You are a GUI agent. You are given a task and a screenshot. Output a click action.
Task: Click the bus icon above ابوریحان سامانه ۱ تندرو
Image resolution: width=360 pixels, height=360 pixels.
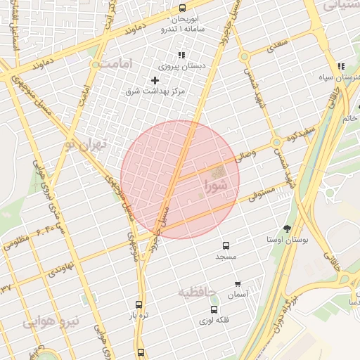pyautogui.click(x=183, y=8)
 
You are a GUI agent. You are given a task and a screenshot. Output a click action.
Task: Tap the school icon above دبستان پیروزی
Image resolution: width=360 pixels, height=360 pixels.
pyautogui.click(x=181, y=55)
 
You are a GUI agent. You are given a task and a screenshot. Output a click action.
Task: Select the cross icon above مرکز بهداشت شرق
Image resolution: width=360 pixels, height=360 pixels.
pyautogui.click(x=155, y=80)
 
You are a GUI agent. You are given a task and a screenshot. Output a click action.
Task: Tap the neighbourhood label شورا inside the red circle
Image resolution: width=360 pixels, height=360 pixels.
pyautogui.click(x=216, y=186)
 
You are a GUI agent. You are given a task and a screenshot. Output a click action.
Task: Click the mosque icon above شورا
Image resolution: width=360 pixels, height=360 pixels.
pyautogui.click(x=219, y=172)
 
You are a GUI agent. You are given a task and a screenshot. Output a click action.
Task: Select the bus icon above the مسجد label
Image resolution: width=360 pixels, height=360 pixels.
pyautogui.click(x=226, y=246)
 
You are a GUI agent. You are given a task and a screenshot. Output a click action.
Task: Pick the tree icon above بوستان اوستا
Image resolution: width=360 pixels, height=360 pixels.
pyautogui.click(x=288, y=229)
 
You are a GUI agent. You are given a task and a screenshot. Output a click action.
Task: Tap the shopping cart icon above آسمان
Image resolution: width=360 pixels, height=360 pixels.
pyautogui.click(x=239, y=284)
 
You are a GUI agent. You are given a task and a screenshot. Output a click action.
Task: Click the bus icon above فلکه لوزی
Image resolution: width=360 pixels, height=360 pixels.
pyautogui.click(x=214, y=309)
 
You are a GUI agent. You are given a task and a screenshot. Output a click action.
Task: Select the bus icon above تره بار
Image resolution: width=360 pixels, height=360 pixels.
pyautogui.click(x=139, y=306)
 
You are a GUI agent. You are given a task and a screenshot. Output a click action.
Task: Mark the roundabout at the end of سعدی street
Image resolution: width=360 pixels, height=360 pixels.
pyautogui.click(x=244, y=57)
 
